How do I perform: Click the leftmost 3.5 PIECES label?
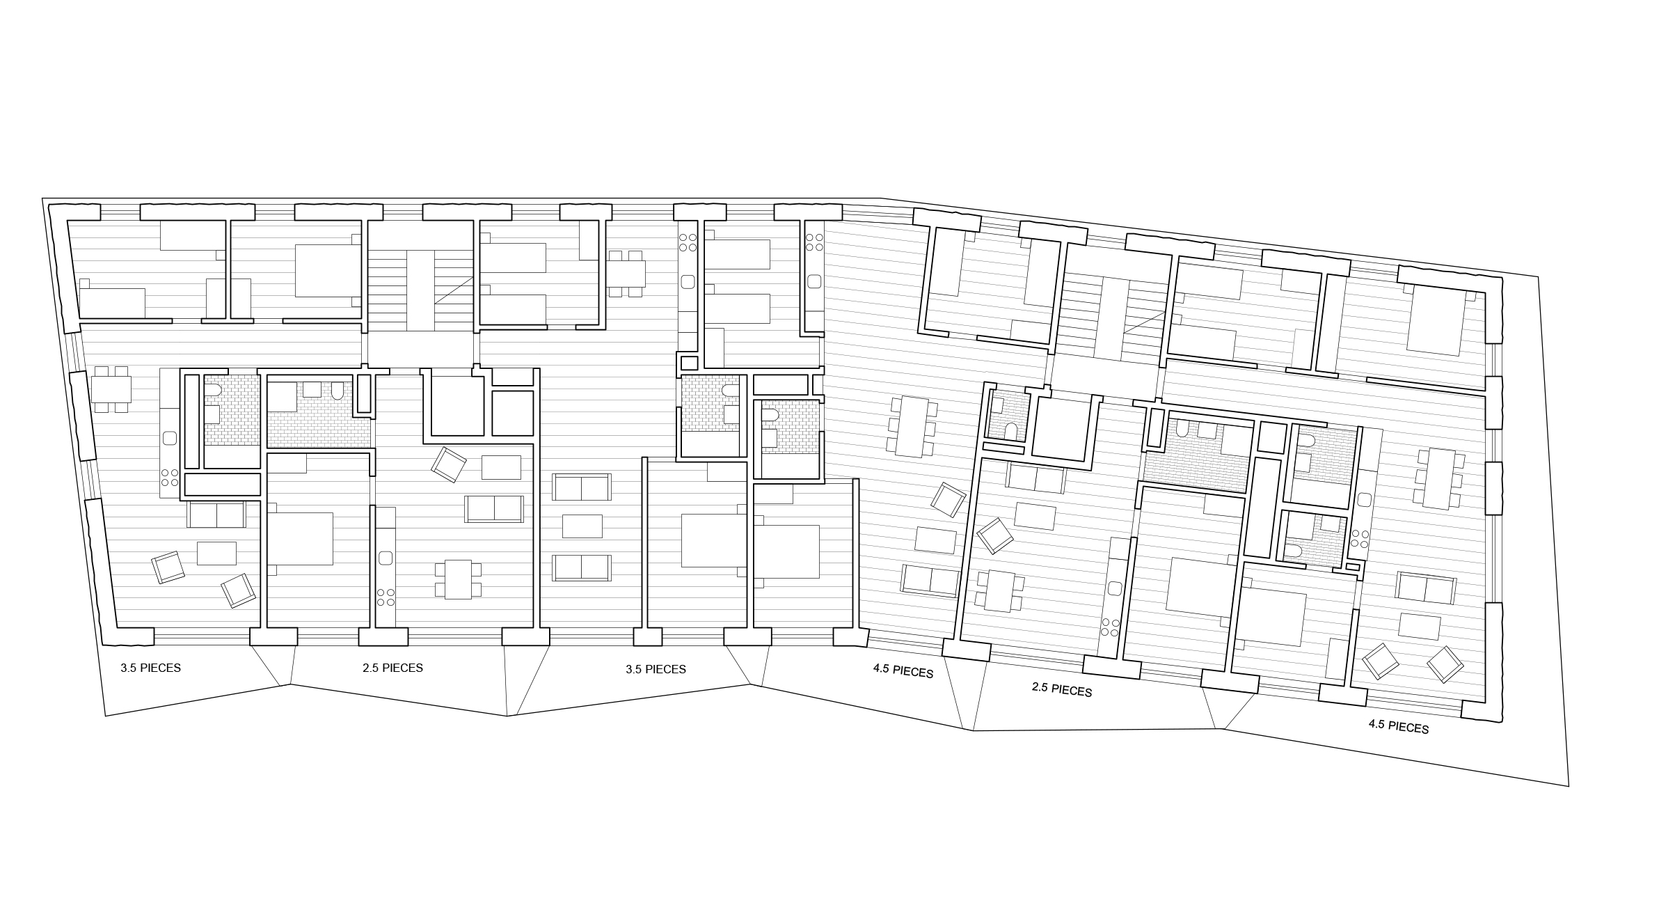click(150, 668)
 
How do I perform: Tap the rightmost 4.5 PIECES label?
click(1398, 726)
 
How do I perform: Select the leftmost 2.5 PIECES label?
click(392, 668)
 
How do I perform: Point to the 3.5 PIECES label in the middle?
click(656, 669)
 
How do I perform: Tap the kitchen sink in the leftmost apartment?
click(169, 439)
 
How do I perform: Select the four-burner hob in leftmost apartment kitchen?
click(170, 478)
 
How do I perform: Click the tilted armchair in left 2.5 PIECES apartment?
click(448, 464)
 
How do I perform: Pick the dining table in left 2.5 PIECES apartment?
click(458, 579)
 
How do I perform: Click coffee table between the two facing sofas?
click(582, 526)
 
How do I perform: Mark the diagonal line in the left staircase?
click(454, 290)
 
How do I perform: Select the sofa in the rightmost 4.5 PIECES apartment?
click(1425, 588)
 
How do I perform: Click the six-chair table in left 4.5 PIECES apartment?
click(911, 426)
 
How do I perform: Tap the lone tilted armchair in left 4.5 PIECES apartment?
click(948, 499)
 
